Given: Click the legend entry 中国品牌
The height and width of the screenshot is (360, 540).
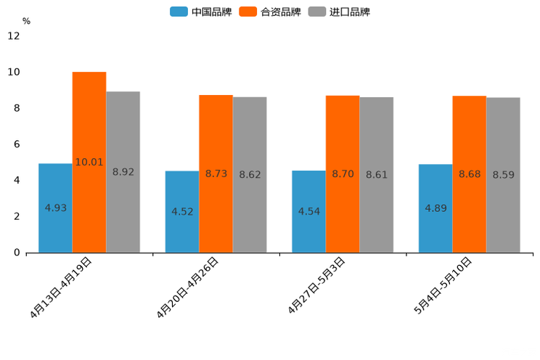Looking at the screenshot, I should click(201, 12).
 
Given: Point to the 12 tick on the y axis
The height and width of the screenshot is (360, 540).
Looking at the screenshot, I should click(14, 36).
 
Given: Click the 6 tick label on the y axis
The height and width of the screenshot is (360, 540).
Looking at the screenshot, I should click(17, 144).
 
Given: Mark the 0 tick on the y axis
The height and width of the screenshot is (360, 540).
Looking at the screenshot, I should click(17, 253).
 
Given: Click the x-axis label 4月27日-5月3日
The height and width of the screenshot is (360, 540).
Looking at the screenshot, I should click(316, 285).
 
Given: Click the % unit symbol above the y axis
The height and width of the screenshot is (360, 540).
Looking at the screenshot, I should click(26, 21).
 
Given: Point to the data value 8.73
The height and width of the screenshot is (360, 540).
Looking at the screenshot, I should click(216, 173).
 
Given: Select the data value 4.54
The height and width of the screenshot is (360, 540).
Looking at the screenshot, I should click(309, 211).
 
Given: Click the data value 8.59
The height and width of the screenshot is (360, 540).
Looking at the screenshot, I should click(504, 175).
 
